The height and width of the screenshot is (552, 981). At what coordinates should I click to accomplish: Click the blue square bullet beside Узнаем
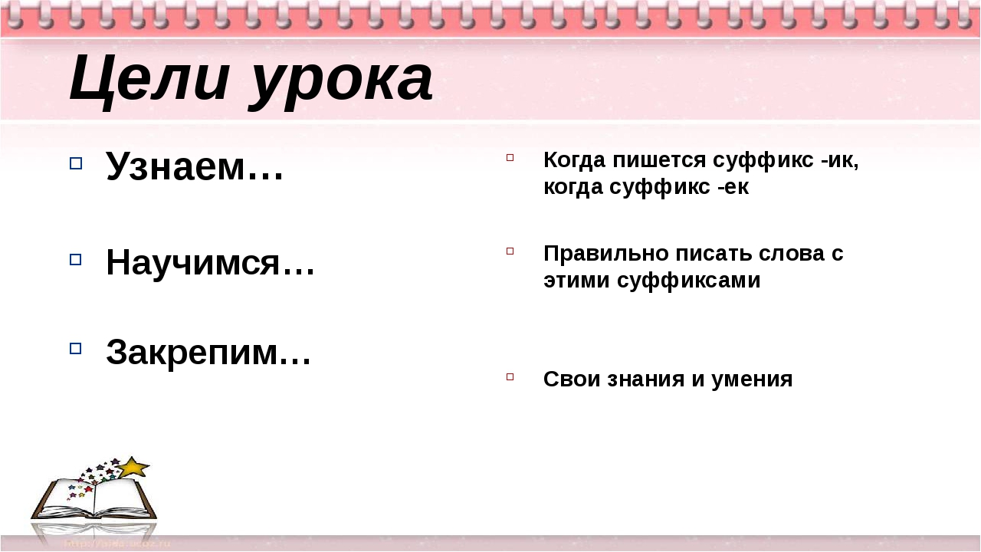tap(75, 163)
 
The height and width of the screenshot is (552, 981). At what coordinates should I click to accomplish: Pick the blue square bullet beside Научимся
tap(75, 260)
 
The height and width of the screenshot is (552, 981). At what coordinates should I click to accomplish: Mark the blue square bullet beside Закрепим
tap(75, 348)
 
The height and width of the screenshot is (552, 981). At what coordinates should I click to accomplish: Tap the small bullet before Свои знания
tap(510, 376)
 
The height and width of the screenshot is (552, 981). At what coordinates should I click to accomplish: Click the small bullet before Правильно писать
tap(510, 250)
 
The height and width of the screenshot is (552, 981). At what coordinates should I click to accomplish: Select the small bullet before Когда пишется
tap(510, 157)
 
